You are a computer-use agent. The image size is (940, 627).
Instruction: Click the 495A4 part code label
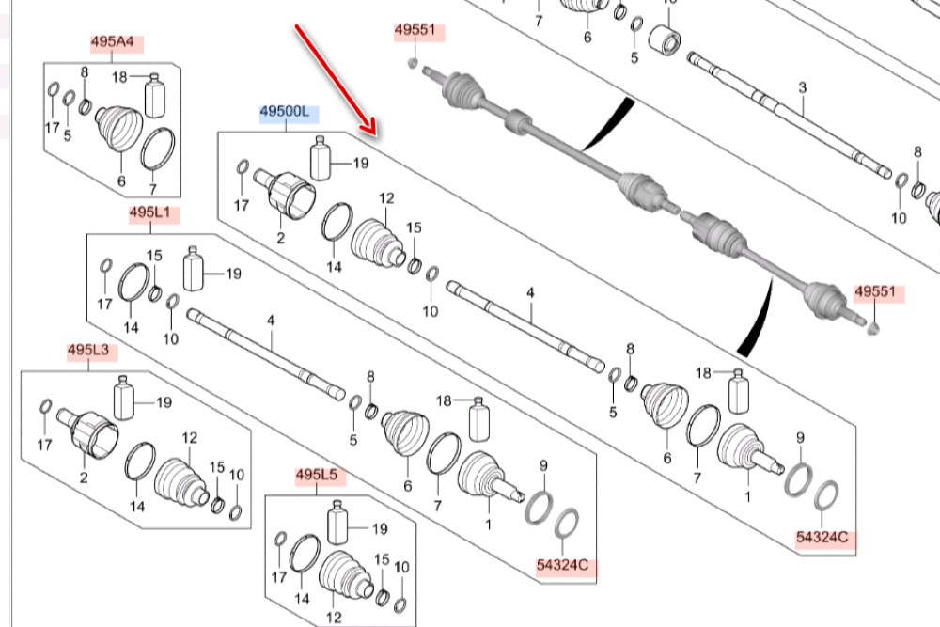point(112,42)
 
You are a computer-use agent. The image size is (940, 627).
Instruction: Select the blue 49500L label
point(289,115)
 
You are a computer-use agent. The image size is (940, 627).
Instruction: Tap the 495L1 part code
point(149,215)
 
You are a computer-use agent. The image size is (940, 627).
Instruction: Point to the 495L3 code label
point(88,352)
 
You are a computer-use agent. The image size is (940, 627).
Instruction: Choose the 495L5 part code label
point(316,476)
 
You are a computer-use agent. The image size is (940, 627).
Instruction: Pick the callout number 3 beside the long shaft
point(803,88)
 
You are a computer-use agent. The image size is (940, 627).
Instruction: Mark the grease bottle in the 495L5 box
point(337,525)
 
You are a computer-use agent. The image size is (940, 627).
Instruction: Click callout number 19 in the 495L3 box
point(164,403)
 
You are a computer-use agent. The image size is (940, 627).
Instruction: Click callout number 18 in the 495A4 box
point(119,76)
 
